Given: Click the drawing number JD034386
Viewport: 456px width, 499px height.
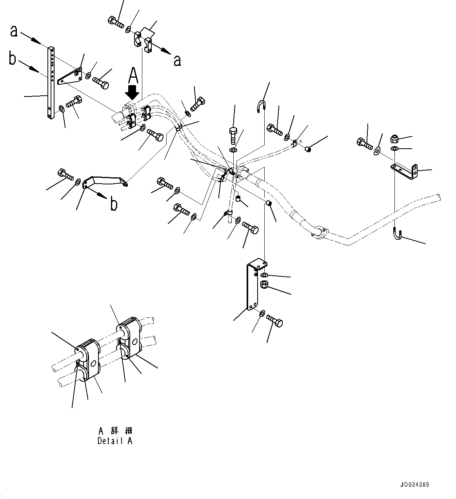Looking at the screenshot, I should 415,484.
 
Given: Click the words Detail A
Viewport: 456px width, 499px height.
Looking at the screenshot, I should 115,441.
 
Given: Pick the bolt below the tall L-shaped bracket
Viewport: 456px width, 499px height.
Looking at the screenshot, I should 275,321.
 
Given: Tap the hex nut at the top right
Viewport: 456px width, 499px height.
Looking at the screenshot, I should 395,138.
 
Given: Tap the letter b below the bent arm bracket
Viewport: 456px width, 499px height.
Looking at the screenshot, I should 114,204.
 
